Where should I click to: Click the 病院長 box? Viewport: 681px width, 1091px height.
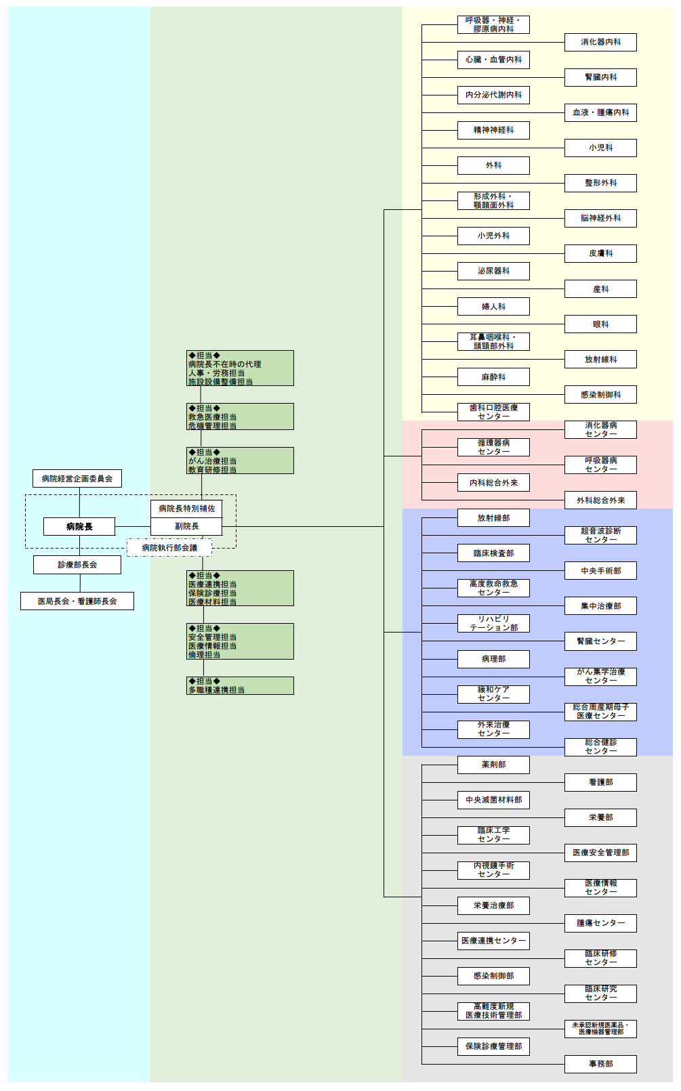(79, 526)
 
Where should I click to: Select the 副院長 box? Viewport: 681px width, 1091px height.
(186, 526)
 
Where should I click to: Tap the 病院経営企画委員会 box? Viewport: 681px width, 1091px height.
(77, 479)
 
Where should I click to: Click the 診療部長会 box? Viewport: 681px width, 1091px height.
(77, 565)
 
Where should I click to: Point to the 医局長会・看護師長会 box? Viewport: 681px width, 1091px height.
(77, 601)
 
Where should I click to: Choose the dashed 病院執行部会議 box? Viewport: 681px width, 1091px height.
(169, 548)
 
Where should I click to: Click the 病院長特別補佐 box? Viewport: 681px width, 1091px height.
(186, 509)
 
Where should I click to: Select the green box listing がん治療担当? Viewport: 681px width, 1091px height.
(240, 461)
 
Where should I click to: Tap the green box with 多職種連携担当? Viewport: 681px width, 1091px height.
(240, 686)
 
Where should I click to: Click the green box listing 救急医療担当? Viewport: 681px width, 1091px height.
(240, 416)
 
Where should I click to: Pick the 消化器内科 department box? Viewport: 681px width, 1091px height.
(600, 42)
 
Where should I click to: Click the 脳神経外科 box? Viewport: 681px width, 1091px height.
(600, 218)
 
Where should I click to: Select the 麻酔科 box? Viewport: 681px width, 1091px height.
(493, 377)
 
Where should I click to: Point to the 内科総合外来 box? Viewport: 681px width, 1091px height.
(493, 483)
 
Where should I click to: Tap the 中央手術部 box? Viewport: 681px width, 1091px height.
(600, 571)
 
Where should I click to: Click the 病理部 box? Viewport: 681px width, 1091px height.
(493, 659)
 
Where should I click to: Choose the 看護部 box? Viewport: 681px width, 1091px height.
(600, 782)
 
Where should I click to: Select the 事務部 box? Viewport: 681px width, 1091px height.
(600, 1064)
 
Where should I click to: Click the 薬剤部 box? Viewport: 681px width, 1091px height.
(493, 765)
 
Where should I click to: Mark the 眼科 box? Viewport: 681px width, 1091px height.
(600, 324)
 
